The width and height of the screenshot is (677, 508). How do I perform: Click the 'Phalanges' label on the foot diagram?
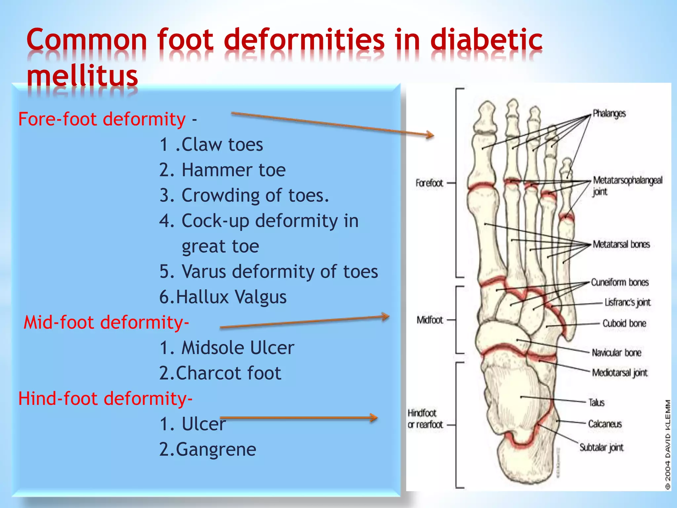point(609,113)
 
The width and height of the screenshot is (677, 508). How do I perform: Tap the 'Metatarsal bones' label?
point(621,244)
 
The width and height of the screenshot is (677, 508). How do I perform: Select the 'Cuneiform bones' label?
point(620,282)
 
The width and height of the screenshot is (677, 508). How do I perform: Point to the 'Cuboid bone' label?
point(624,323)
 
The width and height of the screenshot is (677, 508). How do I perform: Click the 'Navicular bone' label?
point(617,353)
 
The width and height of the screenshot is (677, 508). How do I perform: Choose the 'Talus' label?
point(596,402)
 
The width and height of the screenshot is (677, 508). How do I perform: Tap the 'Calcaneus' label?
point(605,424)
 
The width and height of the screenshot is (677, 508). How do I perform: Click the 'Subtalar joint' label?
point(601,447)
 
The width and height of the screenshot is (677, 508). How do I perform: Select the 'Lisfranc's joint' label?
point(627,302)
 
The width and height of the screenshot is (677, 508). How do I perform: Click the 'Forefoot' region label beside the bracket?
point(429,183)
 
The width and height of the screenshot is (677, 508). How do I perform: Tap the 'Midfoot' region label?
point(429,320)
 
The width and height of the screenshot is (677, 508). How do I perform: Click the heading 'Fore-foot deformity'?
point(102,119)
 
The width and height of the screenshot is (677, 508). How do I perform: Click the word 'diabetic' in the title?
point(486,40)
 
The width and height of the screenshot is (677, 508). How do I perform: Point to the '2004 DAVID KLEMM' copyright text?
point(668,445)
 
